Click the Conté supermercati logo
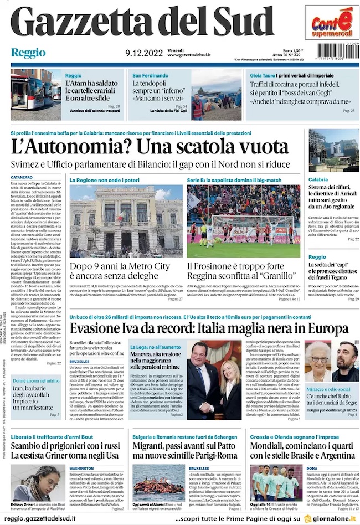331,23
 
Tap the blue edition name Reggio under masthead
28,53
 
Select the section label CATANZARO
22,177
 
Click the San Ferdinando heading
150,75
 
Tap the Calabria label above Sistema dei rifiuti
318,180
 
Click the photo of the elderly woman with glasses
320,361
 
